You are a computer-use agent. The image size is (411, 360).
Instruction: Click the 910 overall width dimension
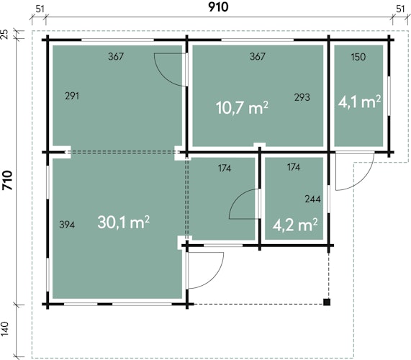[218, 7]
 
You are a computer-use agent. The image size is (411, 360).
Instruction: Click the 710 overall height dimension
[7, 180]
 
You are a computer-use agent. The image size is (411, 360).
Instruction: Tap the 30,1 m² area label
[124, 222]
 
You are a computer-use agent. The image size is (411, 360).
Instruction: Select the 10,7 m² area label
[242, 107]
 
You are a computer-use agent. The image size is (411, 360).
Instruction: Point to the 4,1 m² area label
[359, 102]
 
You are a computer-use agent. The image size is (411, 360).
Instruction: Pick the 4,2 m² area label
[295, 225]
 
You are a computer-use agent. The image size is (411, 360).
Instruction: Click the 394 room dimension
[67, 225]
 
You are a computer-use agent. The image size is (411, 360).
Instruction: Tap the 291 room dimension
[72, 96]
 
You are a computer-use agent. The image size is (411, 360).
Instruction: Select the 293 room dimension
[302, 97]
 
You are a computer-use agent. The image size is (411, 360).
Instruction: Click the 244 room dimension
[312, 199]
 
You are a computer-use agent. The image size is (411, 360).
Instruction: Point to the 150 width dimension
[358, 57]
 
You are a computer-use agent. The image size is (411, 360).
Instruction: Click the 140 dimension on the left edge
[5, 329]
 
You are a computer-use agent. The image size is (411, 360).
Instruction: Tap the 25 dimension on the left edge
[5, 35]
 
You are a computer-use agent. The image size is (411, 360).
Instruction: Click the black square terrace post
[327, 302]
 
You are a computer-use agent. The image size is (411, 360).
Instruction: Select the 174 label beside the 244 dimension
[294, 167]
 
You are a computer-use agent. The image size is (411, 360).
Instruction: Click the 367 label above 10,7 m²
[258, 56]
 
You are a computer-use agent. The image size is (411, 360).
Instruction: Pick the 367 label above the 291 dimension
[116, 56]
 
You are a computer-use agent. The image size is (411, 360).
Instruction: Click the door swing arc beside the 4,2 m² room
[236, 197]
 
